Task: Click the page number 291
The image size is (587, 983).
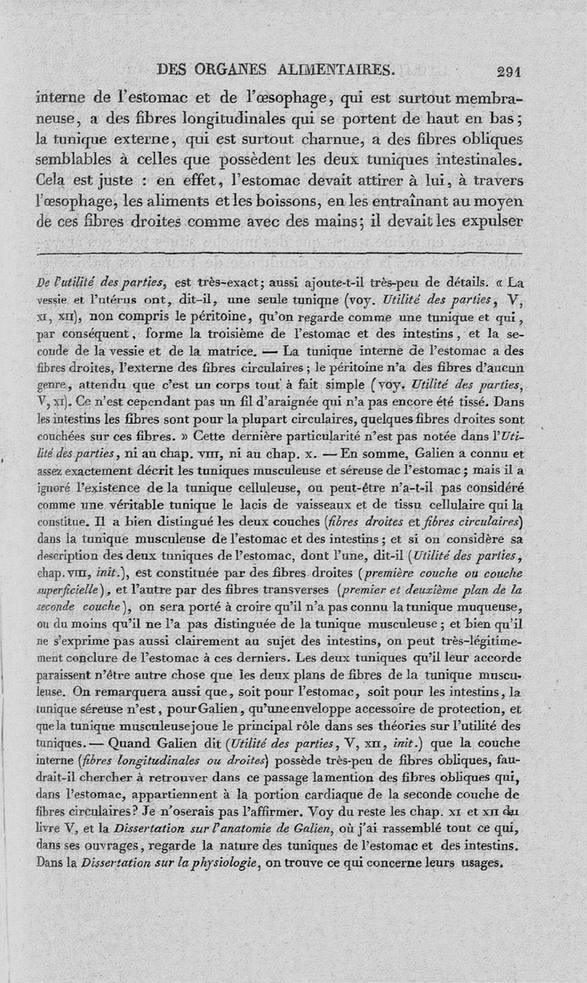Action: (508, 72)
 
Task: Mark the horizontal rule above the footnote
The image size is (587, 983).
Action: (279, 253)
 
